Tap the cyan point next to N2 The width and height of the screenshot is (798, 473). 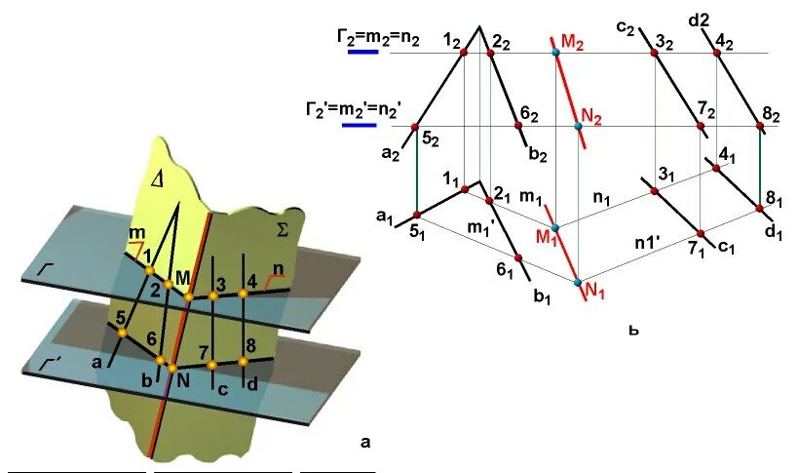tap(578, 126)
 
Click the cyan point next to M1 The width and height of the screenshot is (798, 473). tap(555, 226)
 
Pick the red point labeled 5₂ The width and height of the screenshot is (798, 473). tap(416, 127)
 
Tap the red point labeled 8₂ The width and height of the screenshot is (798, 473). tap(760, 126)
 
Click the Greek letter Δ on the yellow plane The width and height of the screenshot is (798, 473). tap(158, 178)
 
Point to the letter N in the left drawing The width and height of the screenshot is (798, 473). tap(182, 379)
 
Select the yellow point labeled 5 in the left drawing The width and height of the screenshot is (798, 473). tap(124, 333)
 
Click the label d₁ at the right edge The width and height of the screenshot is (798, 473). tap(774, 232)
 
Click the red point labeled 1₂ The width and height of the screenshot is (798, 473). tap(464, 52)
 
